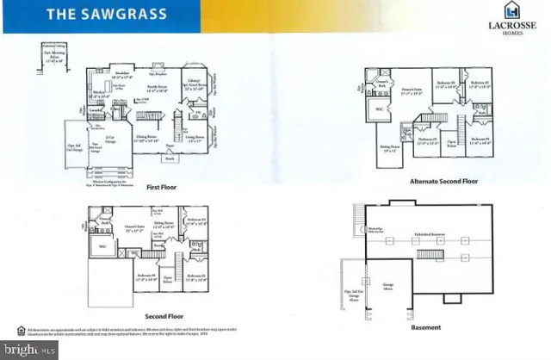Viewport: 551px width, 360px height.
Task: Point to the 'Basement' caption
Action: click(x=425, y=328)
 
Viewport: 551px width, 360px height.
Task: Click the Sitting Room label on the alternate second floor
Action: click(x=392, y=149)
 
